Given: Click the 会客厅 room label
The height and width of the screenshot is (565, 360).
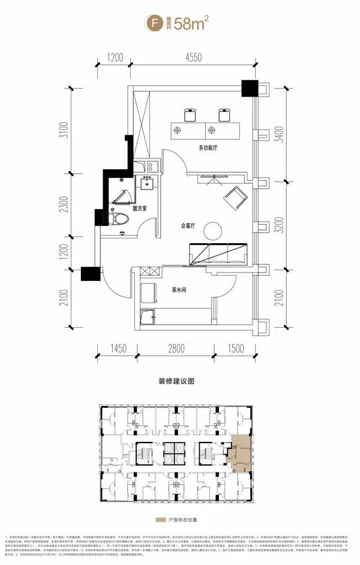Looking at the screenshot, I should [x=191, y=226].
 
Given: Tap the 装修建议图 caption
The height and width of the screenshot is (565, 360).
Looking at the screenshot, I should [x=179, y=381].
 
